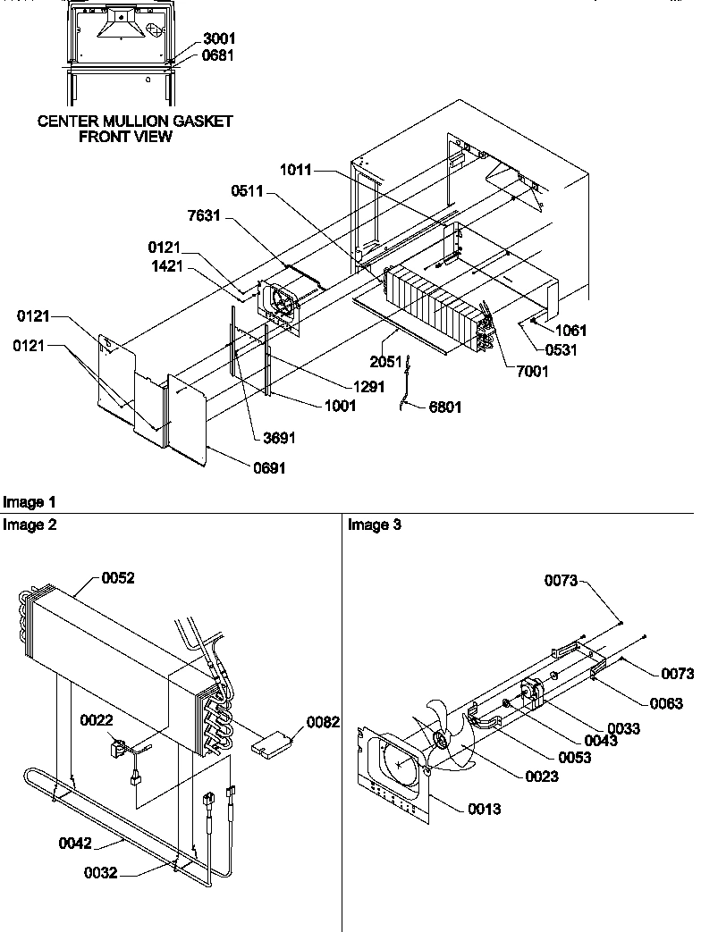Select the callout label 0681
click(x=220, y=56)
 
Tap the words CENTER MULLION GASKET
click(x=135, y=122)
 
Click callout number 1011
click(x=296, y=170)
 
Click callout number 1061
click(x=570, y=331)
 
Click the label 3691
click(x=279, y=438)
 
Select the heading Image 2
click(x=30, y=525)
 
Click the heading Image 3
click(x=375, y=525)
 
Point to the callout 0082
click(x=324, y=722)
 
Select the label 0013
click(x=484, y=810)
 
